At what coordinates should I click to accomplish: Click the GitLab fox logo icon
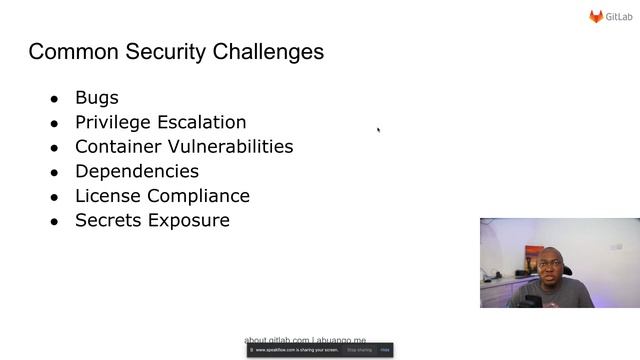coord(596,16)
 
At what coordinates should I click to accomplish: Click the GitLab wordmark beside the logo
coord(619,17)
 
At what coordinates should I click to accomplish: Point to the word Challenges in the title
coord(267,52)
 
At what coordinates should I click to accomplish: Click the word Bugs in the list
coord(97,98)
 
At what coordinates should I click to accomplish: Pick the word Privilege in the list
coord(112,122)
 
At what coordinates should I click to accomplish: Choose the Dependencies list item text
coord(137,171)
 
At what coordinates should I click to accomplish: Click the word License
coord(107,196)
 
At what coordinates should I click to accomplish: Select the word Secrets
coord(108,220)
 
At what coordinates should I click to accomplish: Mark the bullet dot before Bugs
coord(54,99)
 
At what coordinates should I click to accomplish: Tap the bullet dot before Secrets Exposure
coord(54,221)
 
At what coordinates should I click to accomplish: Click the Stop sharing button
coord(359,350)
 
